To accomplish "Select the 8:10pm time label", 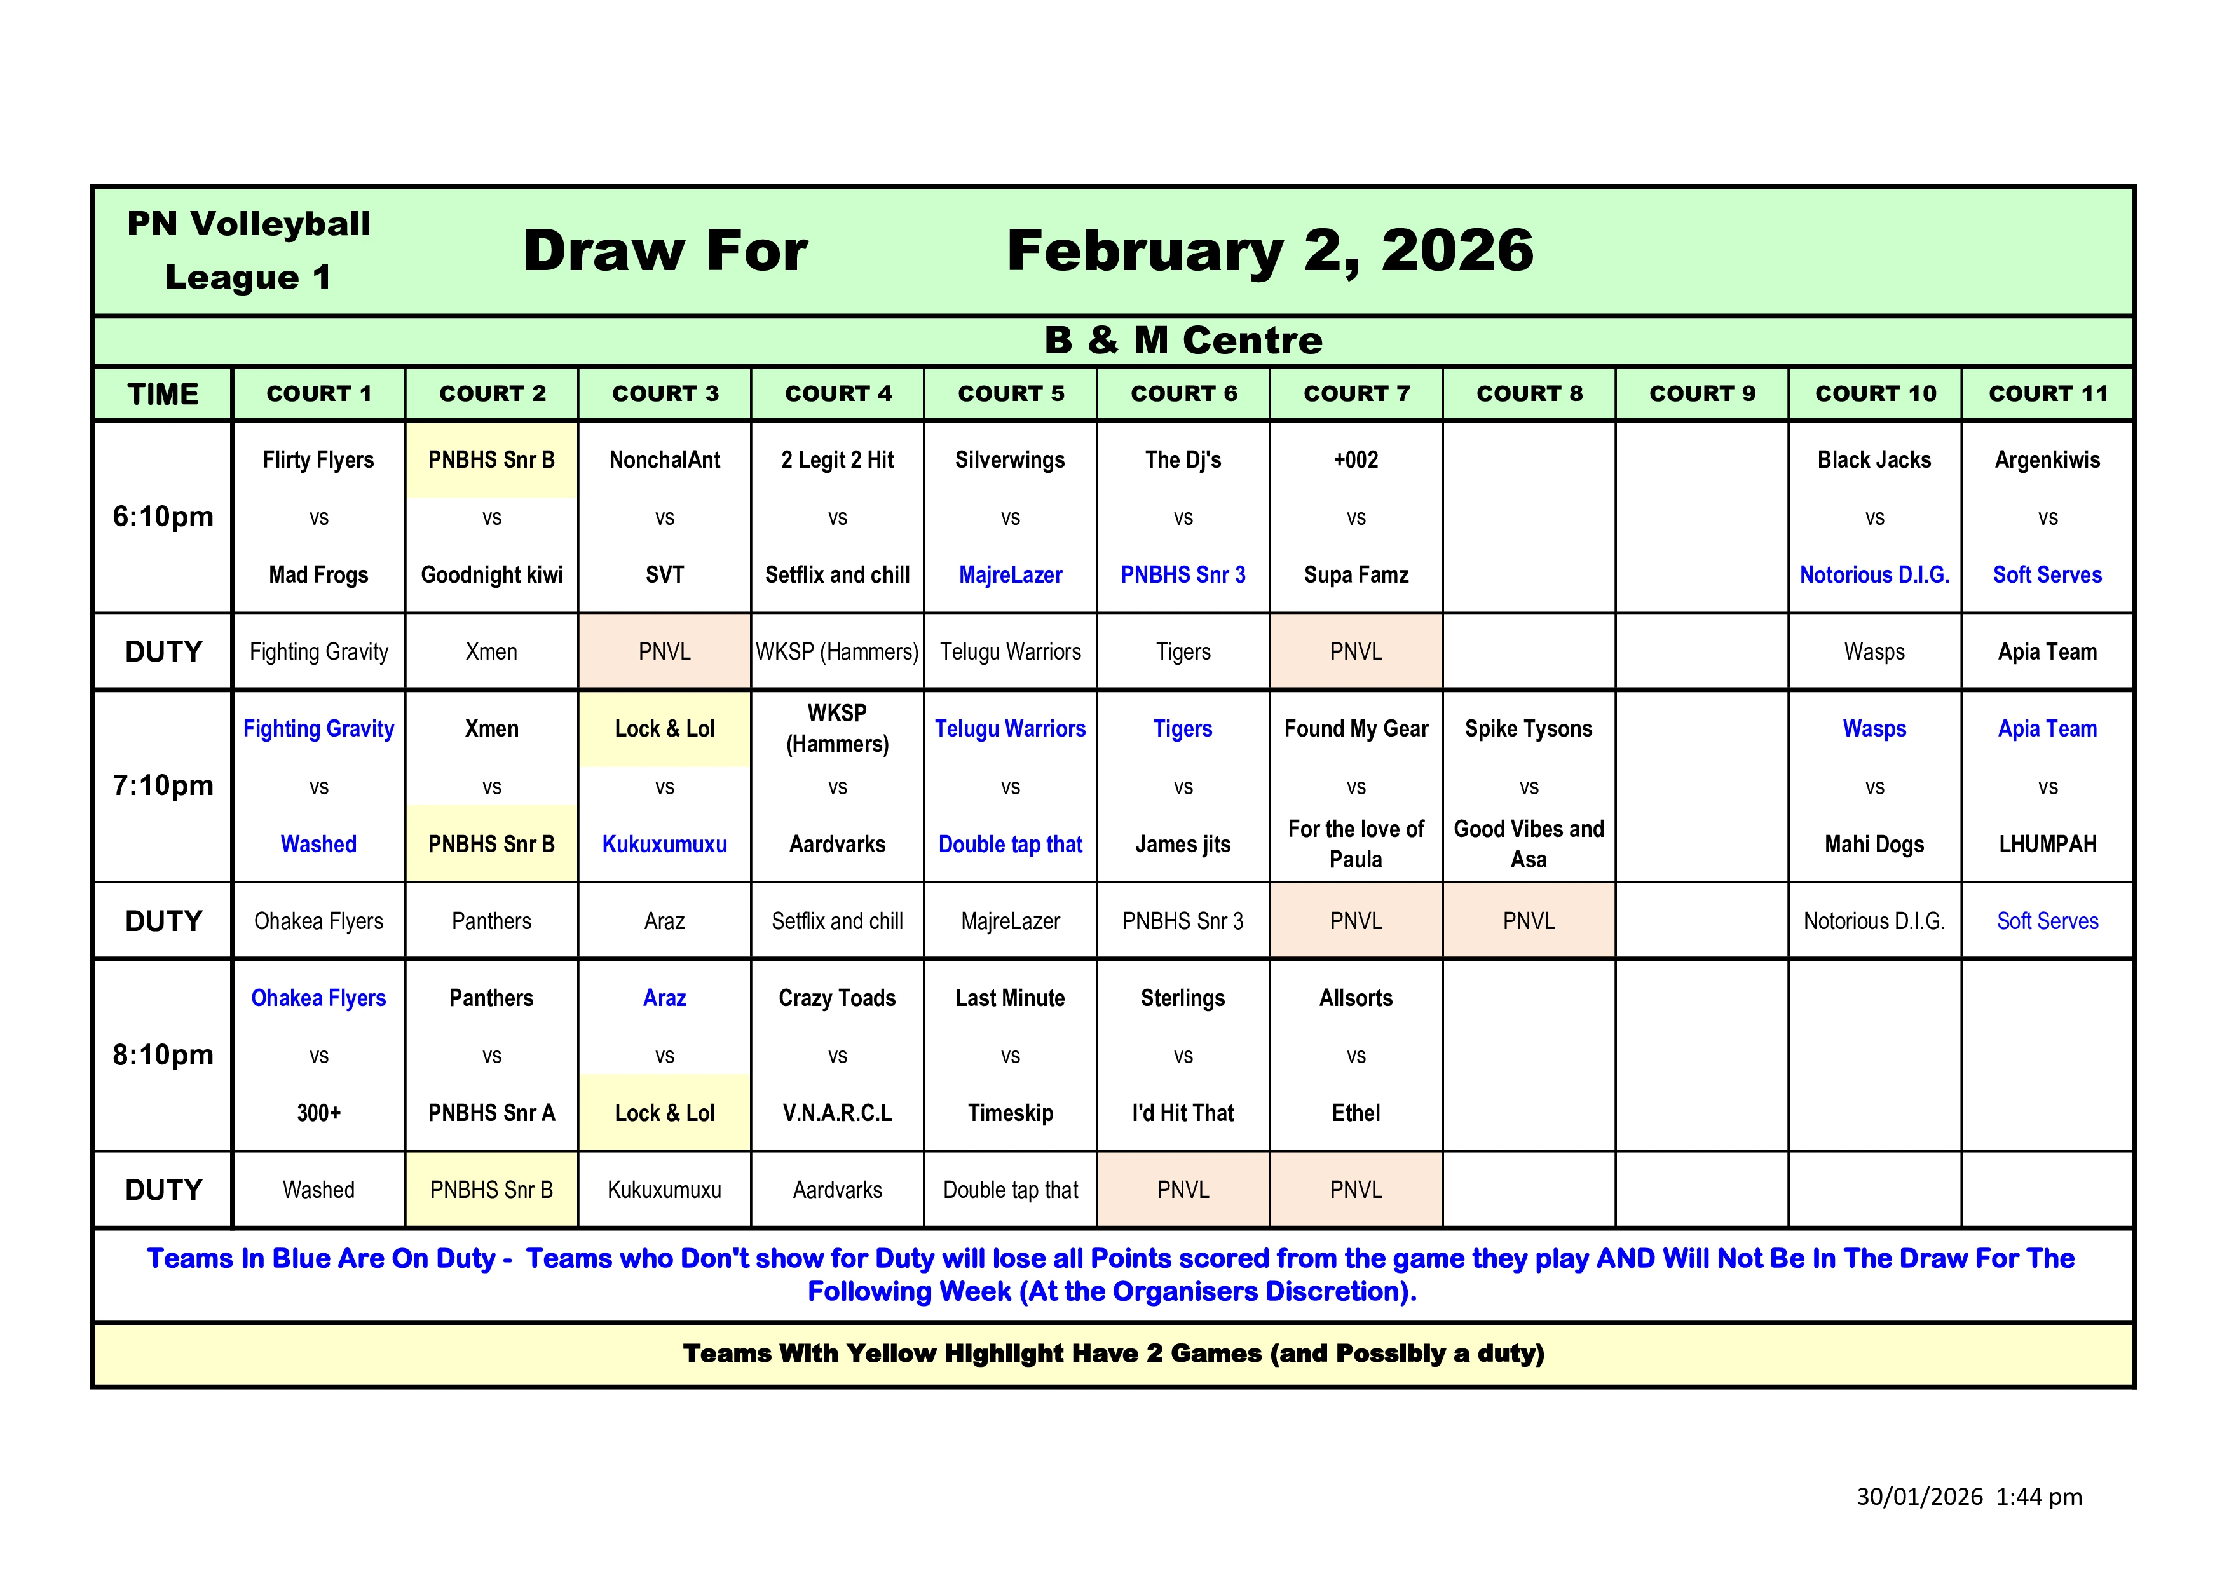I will point(163,1055).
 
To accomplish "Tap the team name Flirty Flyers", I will point(318,460).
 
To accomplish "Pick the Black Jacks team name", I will point(1874,460).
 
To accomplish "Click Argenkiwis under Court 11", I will point(2047,460).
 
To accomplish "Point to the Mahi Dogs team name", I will point(1874,845).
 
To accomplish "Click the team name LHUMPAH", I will point(2047,845).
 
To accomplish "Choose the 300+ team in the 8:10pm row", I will point(318,1113).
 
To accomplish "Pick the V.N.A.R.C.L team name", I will point(837,1113).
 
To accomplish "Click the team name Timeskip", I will point(1010,1113).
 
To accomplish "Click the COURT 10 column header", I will point(1874,394).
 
